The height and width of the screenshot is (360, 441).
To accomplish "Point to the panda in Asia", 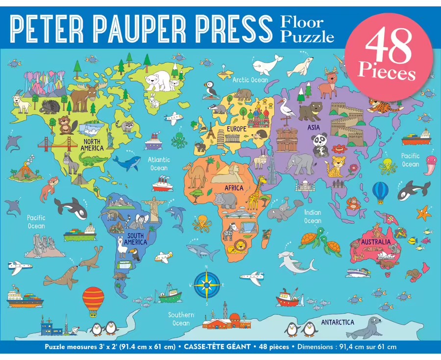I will pos(320,145).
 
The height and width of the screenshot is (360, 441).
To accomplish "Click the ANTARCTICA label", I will pos(338,322).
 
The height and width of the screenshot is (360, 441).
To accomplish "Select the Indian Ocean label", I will pos(312,216).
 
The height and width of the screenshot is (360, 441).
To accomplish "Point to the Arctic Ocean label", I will pos(250,79).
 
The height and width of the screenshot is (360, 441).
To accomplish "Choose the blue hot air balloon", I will pos(380,191).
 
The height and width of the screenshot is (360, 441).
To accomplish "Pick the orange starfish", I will pos(424,212).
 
